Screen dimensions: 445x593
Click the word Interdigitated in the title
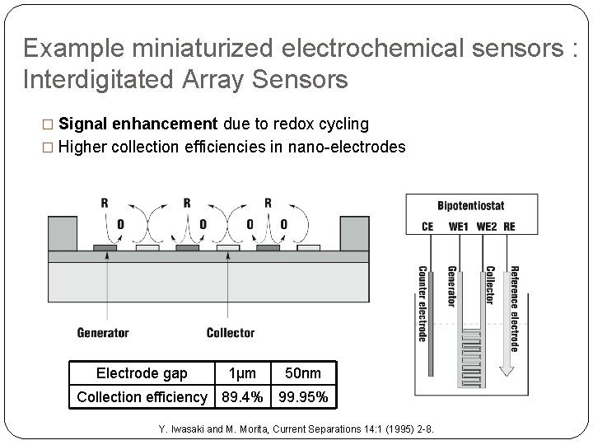click(x=99, y=80)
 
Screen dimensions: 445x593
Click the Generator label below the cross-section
click(x=103, y=333)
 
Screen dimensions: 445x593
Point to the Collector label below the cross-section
click(x=231, y=333)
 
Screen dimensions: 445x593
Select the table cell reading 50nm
click(x=302, y=373)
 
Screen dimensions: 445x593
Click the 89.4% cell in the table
click(x=243, y=397)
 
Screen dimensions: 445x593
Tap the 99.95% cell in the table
click(x=303, y=397)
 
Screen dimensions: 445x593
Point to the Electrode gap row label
click(x=142, y=373)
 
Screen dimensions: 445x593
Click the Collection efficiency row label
click(x=142, y=397)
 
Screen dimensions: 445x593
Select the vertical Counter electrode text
click(x=423, y=303)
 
